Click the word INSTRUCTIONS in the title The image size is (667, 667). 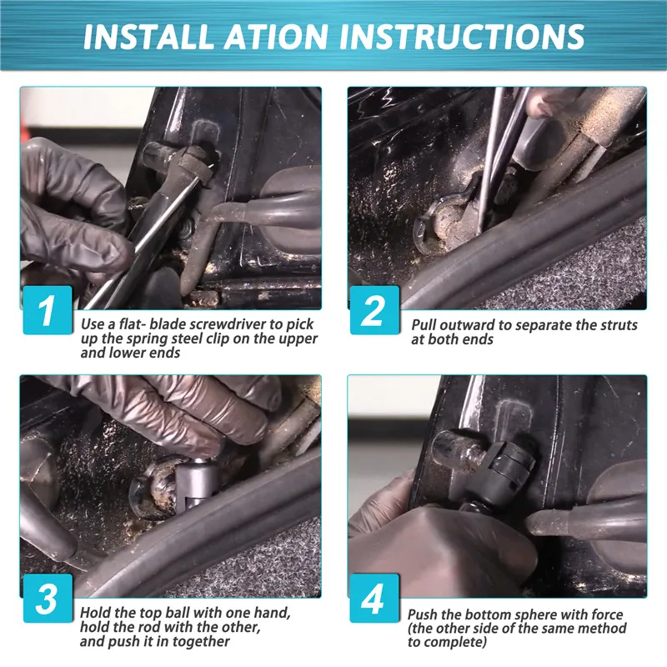tap(462, 37)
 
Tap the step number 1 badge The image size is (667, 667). tap(48, 309)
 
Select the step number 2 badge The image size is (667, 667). tap(374, 309)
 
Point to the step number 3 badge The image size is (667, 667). tap(48, 598)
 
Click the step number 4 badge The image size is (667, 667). tap(374, 598)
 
